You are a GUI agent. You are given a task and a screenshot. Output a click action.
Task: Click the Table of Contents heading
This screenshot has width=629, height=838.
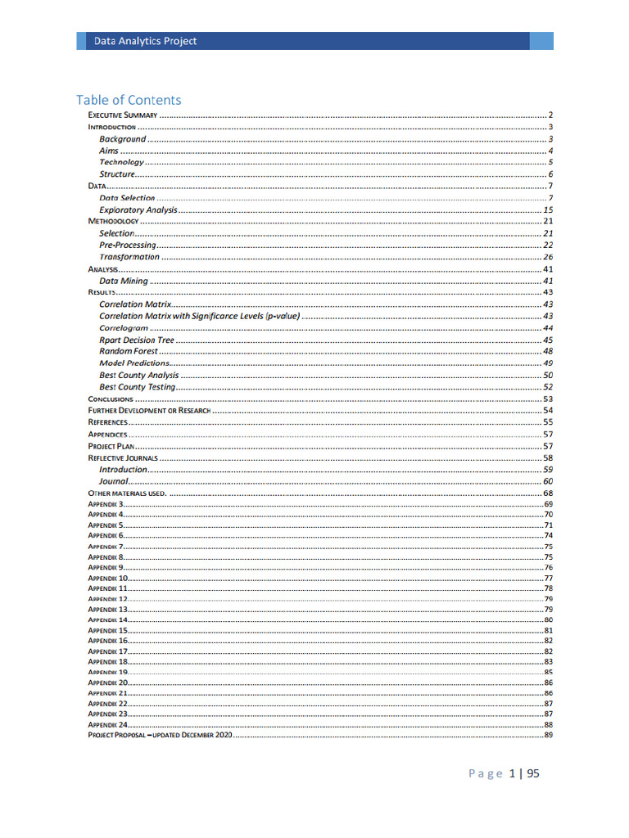(129, 100)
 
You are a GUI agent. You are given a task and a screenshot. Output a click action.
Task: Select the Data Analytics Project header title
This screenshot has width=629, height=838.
(145, 41)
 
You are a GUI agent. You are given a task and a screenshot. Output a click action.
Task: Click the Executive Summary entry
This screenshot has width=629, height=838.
(123, 115)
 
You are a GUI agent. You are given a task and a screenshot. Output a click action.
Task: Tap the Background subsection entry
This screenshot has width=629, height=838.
(122, 139)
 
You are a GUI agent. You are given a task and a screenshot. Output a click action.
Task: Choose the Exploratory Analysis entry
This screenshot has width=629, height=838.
(138, 210)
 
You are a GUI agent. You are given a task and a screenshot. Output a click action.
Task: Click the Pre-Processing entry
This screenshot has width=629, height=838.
(127, 246)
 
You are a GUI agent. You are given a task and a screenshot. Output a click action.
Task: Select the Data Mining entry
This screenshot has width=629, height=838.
(124, 281)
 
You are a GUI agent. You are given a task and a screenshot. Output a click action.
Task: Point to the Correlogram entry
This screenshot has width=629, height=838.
(124, 328)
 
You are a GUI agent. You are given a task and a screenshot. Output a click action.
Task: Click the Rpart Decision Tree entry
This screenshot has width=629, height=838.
(137, 340)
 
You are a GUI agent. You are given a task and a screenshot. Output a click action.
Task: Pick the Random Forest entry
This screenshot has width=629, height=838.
(129, 351)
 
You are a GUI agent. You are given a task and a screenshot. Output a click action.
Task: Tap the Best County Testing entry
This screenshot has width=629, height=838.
(137, 387)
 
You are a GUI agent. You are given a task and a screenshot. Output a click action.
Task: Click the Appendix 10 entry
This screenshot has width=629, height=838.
(108, 579)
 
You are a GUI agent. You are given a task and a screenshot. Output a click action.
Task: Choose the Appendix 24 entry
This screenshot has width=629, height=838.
(108, 725)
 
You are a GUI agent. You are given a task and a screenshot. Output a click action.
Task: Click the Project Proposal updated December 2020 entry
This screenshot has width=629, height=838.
(161, 736)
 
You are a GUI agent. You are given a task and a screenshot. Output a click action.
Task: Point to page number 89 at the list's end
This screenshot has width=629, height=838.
(549, 736)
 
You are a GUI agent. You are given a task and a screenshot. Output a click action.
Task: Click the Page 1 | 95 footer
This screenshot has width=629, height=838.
(504, 773)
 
